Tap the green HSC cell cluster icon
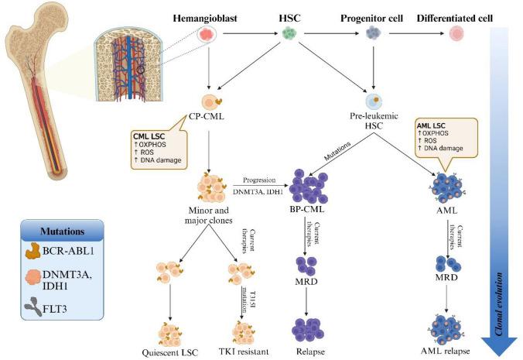pyautogui.click(x=289, y=34)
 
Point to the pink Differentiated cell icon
pyautogui.click(x=457, y=35)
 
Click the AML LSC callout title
pyautogui.click(x=432, y=125)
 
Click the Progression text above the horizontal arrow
pyautogui.click(x=259, y=177)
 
